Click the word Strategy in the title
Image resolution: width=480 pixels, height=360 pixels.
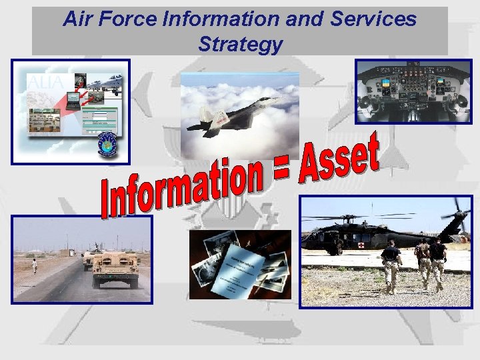(x=240, y=45)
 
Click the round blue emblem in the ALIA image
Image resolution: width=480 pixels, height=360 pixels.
(x=107, y=143)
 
